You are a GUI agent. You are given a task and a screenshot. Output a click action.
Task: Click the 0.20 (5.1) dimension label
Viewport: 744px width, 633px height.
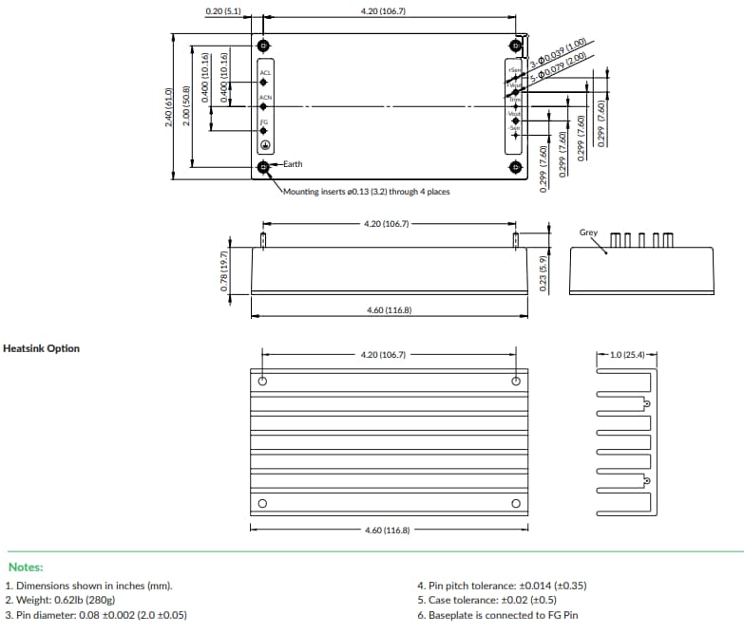tap(223, 12)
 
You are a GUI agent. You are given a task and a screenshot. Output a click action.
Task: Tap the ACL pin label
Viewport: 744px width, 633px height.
tap(266, 73)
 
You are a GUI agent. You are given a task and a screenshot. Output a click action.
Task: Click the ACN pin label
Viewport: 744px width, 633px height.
tap(266, 97)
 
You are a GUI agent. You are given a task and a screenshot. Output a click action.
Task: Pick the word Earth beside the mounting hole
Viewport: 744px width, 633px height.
tap(292, 164)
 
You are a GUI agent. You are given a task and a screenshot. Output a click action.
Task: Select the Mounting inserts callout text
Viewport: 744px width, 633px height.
tap(367, 191)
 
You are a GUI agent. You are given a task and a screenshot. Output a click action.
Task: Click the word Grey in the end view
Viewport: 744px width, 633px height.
tap(588, 233)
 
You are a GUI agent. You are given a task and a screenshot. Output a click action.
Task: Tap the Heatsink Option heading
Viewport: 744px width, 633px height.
tap(42, 348)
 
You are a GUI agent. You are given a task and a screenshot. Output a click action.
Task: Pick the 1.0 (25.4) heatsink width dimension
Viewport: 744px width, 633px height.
tap(627, 355)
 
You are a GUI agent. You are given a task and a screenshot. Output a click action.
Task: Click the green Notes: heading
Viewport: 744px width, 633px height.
tap(26, 567)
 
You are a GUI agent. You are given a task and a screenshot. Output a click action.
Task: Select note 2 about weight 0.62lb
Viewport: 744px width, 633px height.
tap(61, 600)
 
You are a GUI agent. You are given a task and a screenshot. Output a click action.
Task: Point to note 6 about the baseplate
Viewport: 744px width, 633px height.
tap(497, 615)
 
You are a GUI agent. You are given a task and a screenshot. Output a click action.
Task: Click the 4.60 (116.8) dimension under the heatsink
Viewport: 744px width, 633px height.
tap(387, 530)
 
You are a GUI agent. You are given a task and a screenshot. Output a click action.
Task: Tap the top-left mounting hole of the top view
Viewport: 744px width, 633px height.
tap(263, 47)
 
